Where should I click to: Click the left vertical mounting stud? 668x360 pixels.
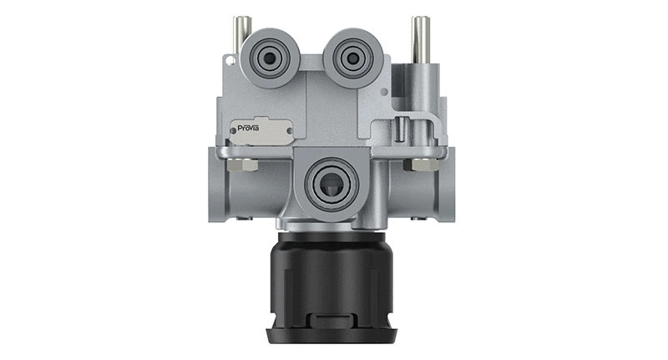tap(240, 33)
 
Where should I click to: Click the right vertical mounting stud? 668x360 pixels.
tap(420, 38)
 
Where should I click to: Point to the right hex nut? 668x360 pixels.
tap(418, 165)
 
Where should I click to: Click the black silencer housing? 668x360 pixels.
tap(331, 280)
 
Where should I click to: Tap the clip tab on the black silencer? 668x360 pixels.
tap(331, 321)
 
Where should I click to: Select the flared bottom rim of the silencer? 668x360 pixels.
tap(331, 336)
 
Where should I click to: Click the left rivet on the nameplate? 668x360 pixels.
tap(238, 131)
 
